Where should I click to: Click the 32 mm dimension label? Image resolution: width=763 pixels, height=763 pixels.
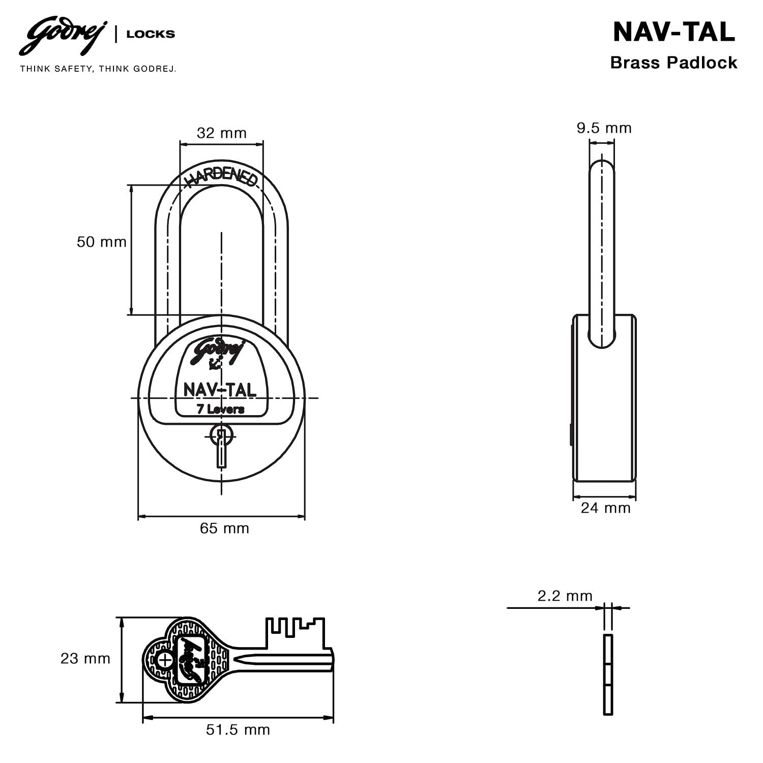pyautogui.click(x=221, y=133)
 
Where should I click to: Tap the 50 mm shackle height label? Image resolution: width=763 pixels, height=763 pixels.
pyautogui.click(x=101, y=242)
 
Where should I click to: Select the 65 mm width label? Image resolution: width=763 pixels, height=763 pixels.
pyautogui.click(x=224, y=529)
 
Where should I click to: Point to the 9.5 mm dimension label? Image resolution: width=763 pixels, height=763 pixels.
pyautogui.click(x=604, y=128)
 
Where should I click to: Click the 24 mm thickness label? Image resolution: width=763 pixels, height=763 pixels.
pyautogui.click(x=605, y=508)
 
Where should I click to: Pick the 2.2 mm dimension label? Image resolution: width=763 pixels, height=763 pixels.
pyautogui.click(x=565, y=596)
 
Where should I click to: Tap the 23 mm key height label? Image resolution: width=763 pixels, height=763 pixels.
pyautogui.click(x=85, y=659)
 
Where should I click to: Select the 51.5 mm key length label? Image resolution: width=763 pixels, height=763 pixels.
pyautogui.click(x=238, y=730)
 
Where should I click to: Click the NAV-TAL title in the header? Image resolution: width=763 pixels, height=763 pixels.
pyautogui.click(x=673, y=32)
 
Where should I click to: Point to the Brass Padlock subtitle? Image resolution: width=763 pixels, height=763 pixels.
pyautogui.click(x=673, y=63)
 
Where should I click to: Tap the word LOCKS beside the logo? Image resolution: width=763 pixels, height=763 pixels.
pyautogui.click(x=151, y=34)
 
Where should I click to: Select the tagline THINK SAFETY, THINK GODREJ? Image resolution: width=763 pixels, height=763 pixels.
pyautogui.click(x=98, y=69)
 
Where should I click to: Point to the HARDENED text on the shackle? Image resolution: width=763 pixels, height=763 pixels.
pyautogui.click(x=221, y=177)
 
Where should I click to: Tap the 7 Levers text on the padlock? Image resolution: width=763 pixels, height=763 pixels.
pyautogui.click(x=220, y=409)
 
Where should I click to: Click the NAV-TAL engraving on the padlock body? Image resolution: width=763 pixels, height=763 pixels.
pyautogui.click(x=220, y=390)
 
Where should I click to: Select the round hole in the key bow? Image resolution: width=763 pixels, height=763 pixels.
pyautogui.click(x=165, y=660)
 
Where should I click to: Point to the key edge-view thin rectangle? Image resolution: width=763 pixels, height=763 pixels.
pyautogui.click(x=608, y=674)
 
